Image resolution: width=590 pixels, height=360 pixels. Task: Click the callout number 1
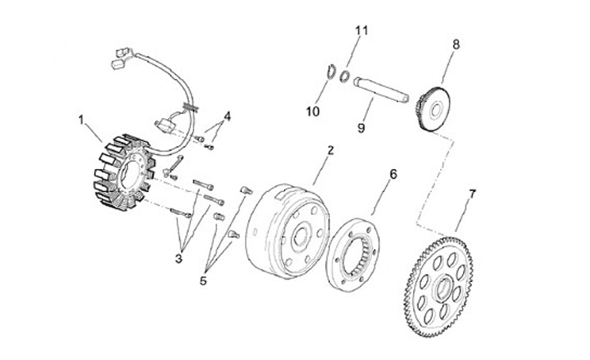[82, 120]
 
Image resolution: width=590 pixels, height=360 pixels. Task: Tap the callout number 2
[329, 150]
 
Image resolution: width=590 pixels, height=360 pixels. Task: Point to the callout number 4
[227, 116]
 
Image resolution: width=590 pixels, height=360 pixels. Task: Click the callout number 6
[393, 174]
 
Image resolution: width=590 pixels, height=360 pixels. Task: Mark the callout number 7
[471, 194]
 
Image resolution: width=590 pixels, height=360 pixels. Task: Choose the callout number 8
[456, 43]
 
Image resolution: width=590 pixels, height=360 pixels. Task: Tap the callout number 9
[361, 128]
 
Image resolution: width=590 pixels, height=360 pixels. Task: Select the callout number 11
[357, 31]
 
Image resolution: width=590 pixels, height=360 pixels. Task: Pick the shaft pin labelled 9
[382, 89]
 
